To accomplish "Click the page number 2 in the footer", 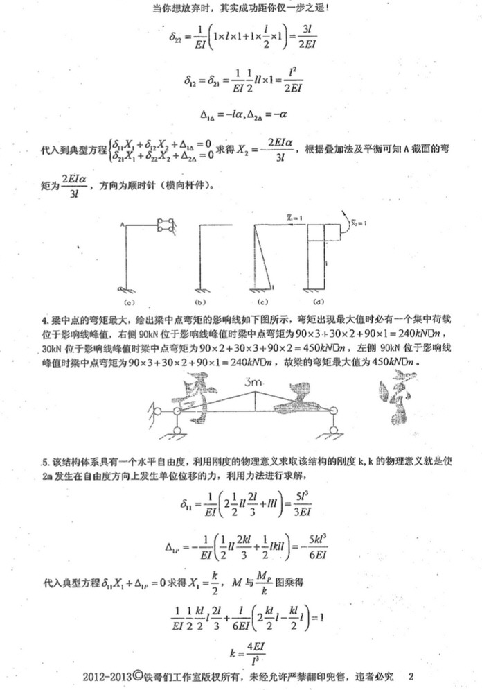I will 411,675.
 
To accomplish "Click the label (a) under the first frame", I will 129,302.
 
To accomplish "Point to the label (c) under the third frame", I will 263,302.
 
